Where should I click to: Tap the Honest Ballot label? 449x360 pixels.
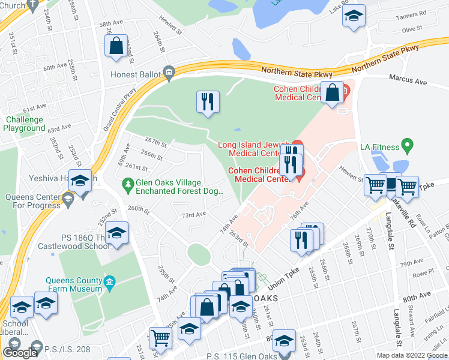pos(136,74)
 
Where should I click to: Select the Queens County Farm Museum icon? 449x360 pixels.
pos(109,282)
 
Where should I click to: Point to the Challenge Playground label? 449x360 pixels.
pos(25,124)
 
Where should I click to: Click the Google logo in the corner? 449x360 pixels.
pos(20,352)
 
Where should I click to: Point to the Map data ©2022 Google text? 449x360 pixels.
pos(411,355)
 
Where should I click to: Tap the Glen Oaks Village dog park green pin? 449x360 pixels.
pos(127,182)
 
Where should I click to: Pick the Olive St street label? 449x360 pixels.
pos(412,29)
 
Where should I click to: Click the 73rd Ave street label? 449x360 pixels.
pos(194,214)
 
